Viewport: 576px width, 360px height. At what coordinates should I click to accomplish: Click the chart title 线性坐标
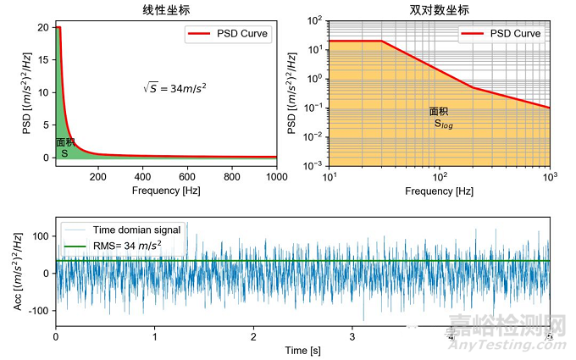point(165,10)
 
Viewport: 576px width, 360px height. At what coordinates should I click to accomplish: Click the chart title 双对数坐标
point(440,10)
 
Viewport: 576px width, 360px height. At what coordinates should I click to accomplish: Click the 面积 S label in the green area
point(65,148)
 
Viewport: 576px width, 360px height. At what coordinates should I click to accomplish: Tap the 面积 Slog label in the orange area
point(440,117)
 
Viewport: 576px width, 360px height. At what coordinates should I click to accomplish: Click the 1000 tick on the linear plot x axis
point(276,176)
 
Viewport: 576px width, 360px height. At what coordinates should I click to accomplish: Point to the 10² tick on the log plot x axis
point(440,177)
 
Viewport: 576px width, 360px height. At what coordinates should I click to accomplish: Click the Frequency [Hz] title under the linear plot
point(165,191)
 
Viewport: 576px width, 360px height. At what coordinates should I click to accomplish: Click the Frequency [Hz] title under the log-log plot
point(440,191)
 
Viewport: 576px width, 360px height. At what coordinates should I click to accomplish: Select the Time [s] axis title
point(302,350)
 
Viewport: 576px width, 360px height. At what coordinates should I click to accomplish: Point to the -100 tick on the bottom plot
point(38,311)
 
